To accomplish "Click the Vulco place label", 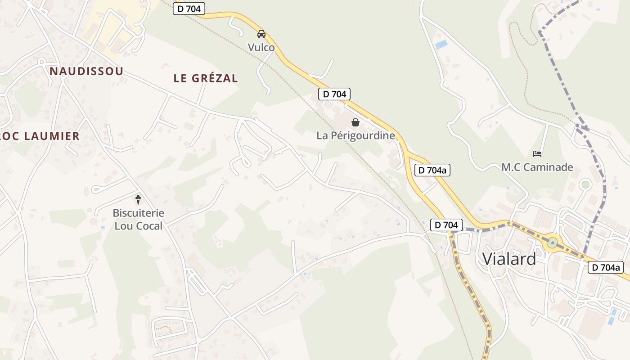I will pyautogui.click(x=261, y=47).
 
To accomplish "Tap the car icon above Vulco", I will pyautogui.click(x=261, y=34).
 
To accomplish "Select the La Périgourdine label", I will pyautogui.click(x=355, y=135).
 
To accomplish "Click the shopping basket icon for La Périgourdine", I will pyautogui.click(x=355, y=122).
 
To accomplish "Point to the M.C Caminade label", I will pyautogui.click(x=537, y=167).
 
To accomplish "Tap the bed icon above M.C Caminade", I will pyautogui.click(x=537, y=154).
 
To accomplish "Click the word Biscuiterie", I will pyautogui.click(x=138, y=213).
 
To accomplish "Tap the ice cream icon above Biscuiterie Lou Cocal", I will pyautogui.click(x=138, y=199).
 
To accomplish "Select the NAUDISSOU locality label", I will pyautogui.click(x=86, y=71).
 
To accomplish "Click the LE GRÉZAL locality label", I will pyautogui.click(x=206, y=78).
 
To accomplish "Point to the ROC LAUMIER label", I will pyautogui.click(x=39, y=136).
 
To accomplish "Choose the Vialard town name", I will pyautogui.click(x=509, y=259).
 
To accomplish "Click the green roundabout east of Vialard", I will pyautogui.click(x=552, y=243).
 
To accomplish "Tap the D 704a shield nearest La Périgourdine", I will pyautogui.click(x=432, y=170).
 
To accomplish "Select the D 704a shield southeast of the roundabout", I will pyautogui.click(x=606, y=267).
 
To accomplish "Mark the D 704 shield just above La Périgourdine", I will pyautogui.click(x=334, y=94).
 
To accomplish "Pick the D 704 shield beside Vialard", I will pyautogui.click(x=446, y=225).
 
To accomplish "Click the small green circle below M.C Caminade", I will pyautogui.click(x=585, y=184).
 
